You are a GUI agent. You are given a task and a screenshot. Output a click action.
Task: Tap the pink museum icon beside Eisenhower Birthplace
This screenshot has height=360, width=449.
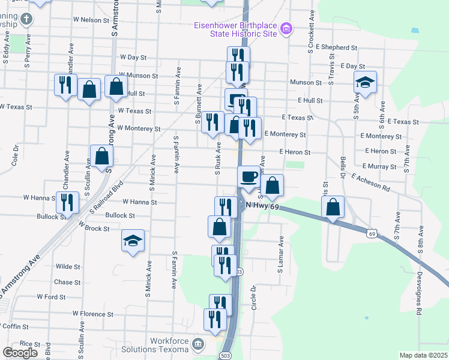tap(286, 28)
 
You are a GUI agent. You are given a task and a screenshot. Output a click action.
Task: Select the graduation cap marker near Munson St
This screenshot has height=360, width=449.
tap(365, 83)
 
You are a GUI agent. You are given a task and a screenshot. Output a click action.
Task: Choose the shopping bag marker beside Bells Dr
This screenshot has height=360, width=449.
tap(332, 208)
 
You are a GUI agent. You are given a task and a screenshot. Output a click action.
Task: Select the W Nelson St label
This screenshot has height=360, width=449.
tap(82, 20)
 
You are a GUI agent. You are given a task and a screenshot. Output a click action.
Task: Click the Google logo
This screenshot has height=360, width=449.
tap(20, 353)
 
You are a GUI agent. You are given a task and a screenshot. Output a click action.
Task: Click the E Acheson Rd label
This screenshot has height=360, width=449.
tap(371, 183)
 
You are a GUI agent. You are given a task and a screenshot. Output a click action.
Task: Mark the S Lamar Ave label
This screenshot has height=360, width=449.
tap(280, 254)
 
